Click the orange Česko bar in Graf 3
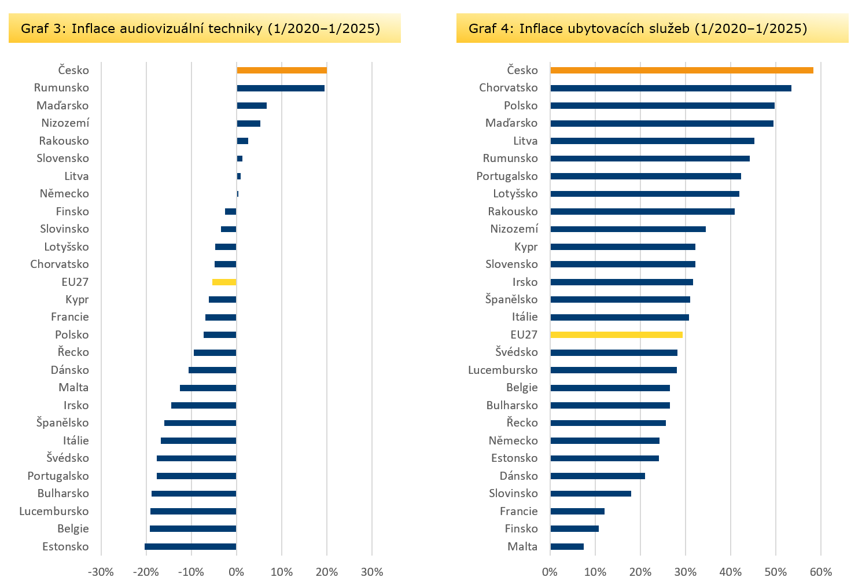point(282,71)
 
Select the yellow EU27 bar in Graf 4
point(616,335)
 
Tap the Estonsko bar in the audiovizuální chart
point(190,547)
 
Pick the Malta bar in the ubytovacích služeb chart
point(567,547)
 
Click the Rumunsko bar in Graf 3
point(281,88)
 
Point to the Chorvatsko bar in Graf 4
point(671,88)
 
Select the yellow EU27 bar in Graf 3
point(224,282)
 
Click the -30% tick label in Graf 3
point(101,572)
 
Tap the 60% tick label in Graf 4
point(821,572)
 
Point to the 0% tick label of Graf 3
point(236,572)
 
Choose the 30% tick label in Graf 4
point(686,572)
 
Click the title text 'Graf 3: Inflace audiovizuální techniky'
point(200,28)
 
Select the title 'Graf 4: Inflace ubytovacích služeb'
point(638,28)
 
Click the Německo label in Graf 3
point(64,194)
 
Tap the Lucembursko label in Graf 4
point(503,370)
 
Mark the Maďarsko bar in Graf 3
point(252,106)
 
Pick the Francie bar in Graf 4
point(577,512)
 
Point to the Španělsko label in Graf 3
point(62,423)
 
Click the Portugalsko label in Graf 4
point(507,177)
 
